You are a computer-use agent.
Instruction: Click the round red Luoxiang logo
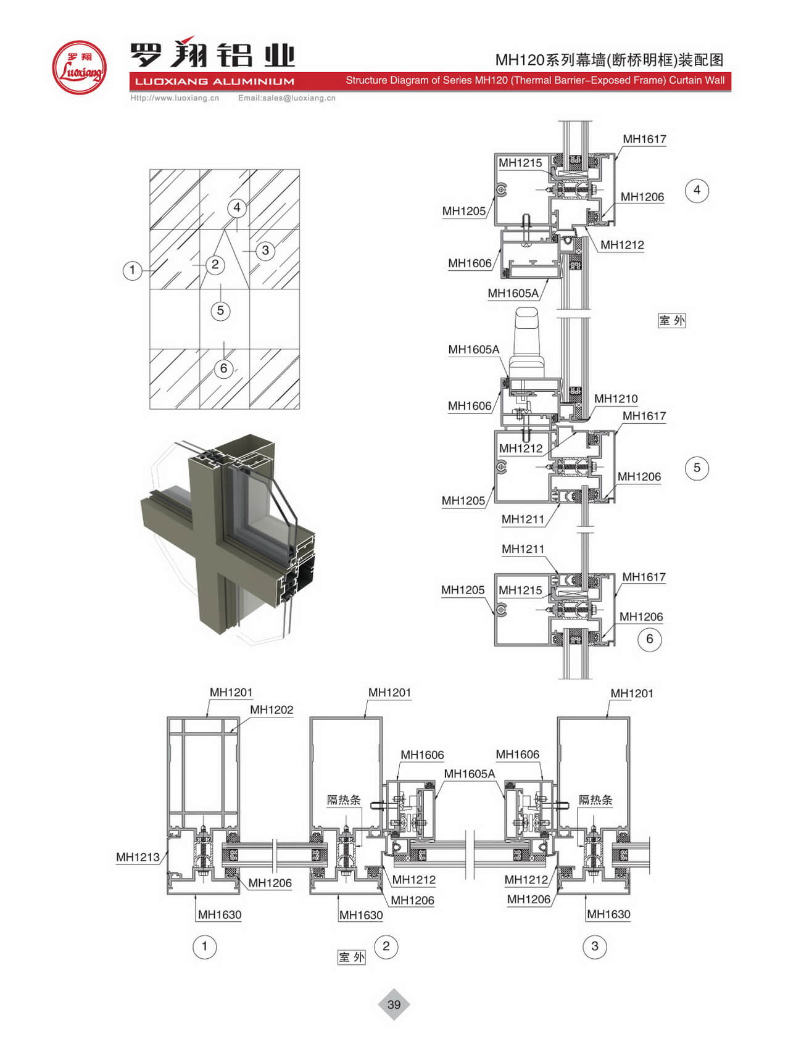(x=79, y=67)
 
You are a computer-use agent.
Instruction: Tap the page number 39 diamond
(x=394, y=1004)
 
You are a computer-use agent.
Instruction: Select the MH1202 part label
(x=272, y=710)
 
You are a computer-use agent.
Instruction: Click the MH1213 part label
(x=138, y=857)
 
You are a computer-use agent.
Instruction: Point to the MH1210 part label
(x=616, y=399)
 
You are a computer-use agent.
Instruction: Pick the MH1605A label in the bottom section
(x=469, y=774)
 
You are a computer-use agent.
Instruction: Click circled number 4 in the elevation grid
(x=237, y=207)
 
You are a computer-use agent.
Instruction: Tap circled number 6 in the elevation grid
(x=223, y=368)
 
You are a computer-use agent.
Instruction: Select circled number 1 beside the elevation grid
(x=132, y=270)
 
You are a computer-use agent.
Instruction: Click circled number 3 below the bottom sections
(x=595, y=946)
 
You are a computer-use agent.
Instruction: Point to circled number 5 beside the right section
(x=697, y=468)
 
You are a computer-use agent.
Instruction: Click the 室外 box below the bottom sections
(x=352, y=957)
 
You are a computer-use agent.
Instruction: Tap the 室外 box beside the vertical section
(x=672, y=320)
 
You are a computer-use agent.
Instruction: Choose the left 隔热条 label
(x=344, y=800)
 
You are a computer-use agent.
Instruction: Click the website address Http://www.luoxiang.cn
(x=175, y=98)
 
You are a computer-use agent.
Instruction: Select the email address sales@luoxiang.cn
(x=287, y=98)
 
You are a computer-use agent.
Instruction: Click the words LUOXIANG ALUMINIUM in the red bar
(x=214, y=81)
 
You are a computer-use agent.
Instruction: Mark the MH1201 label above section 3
(x=631, y=693)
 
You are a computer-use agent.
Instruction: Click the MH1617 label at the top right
(x=644, y=139)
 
